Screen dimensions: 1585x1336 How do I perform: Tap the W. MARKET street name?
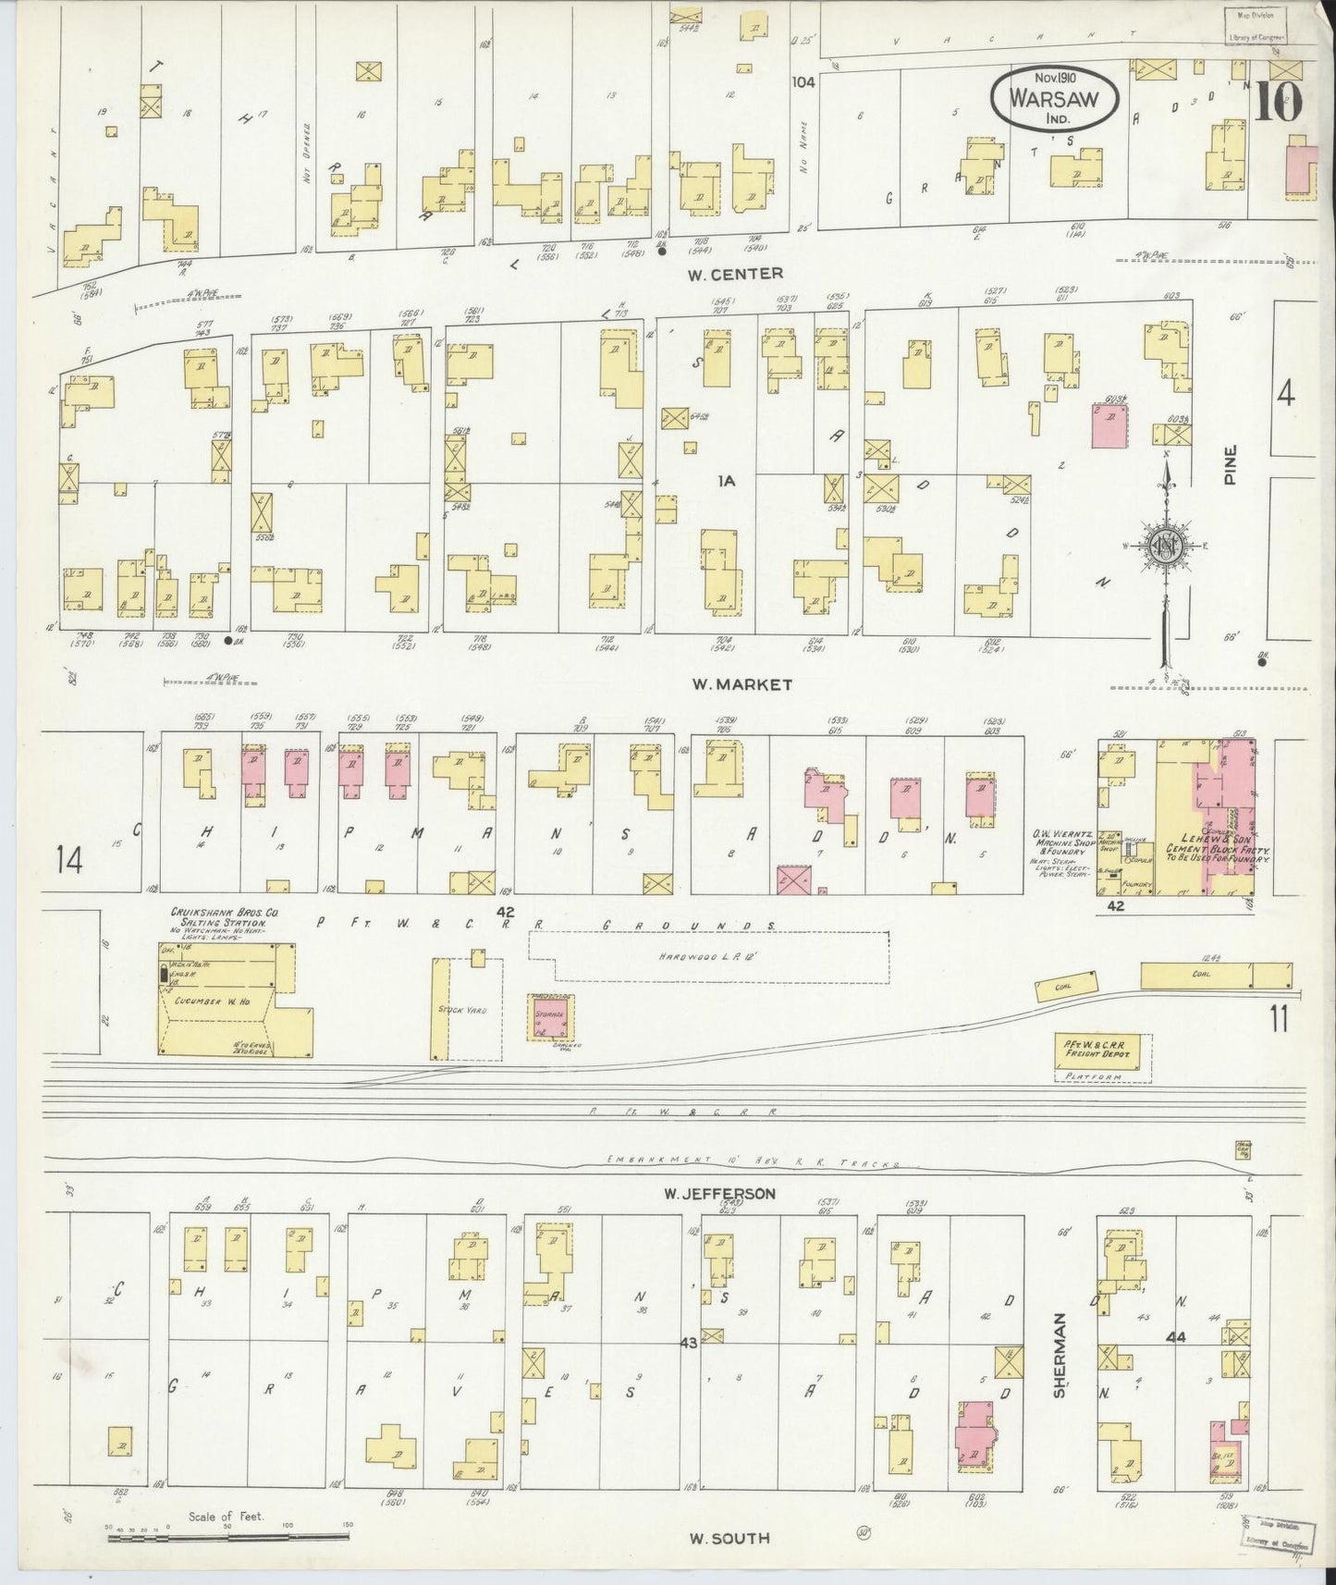click(742, 684)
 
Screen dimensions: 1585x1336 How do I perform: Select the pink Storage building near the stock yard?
click(552, 1017)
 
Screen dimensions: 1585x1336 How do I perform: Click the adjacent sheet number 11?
click(1280, 1018)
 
